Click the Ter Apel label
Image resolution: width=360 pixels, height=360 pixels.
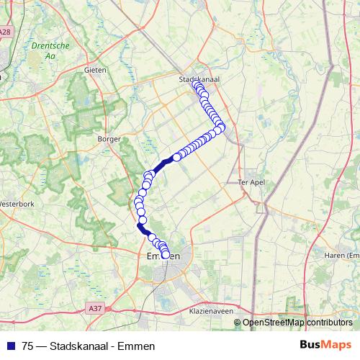251,183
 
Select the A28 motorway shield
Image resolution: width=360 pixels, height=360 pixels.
6,32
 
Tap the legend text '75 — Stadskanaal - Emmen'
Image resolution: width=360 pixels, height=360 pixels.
89,346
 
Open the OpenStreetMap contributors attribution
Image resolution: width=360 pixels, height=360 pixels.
297,323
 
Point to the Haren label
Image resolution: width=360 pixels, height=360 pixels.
343,255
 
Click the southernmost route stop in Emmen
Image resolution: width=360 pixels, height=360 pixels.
166,254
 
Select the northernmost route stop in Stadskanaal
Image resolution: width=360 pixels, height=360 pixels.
197,85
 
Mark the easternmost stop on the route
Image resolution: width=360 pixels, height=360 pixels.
221,127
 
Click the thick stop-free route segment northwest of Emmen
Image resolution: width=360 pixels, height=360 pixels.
144,230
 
